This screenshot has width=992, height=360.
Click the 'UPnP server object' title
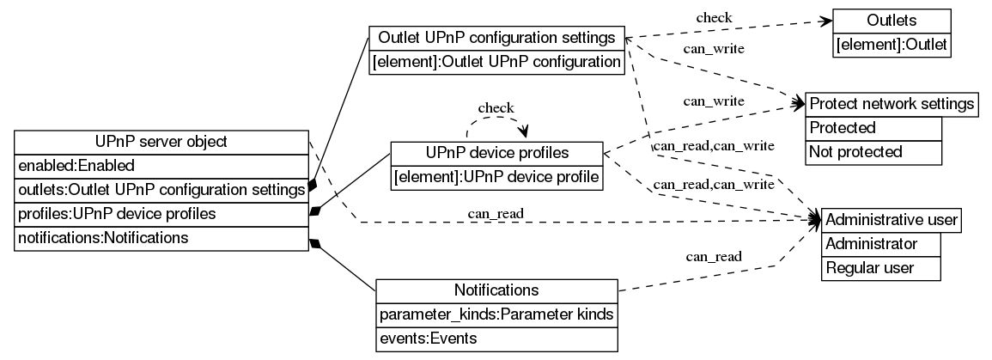pyautogui.click(x=161, y=142)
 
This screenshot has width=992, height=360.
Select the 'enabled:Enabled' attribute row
pyautogui.click(x=161, y=165)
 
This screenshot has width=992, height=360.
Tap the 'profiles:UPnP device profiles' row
pyautogui.click(x=161, y=212)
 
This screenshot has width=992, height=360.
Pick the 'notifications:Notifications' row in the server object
pyautogui.click(x=161, y=237)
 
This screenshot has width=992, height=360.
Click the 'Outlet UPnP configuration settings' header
pyautogui.click(x=496, y=39)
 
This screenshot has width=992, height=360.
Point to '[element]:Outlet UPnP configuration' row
pyautogui.click(x=496, y=63)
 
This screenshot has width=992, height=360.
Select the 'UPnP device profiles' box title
pyautogui.click(x=496, y=153)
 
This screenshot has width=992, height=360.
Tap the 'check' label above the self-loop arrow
pyautogui.click(x=496, y=107)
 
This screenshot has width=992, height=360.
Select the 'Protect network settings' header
pyautogui.click(x=892, y=104)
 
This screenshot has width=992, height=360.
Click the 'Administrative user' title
pyautogui.click(x=891, y=220)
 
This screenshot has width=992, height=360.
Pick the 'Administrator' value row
pyautogui.click(x=881, y=244)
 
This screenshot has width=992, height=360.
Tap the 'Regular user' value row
pyautogui.click(x=881, y=268)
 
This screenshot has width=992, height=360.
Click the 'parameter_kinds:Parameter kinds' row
pyautogui.click(x=496, y=314)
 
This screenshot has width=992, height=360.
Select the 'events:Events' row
pyautogui.click(x=496, y=339)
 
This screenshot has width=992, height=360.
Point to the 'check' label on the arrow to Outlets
pyautogui.click(x=714, y=17)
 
